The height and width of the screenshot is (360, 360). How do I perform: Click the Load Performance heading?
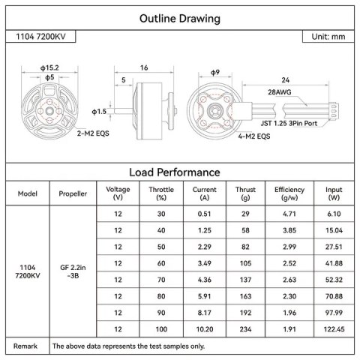[180, 172]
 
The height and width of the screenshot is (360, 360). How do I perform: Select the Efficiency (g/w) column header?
[289, 193]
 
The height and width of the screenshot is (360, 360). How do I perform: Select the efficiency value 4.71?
[289, 214]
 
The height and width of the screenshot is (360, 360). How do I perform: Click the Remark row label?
[25, 346]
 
